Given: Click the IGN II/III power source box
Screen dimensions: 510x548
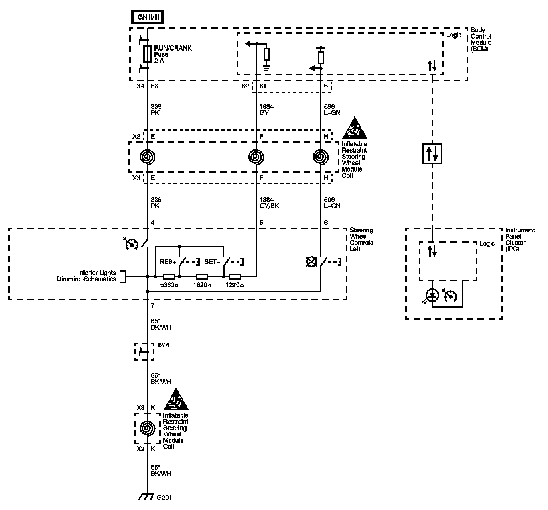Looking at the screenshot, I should click(x=148, y=17).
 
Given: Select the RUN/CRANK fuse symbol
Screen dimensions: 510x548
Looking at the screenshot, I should click(x=148, y=54).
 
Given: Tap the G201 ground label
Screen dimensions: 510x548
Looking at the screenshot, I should click(x=164, y=498).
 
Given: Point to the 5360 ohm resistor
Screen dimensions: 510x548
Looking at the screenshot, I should click(x=169, y=276).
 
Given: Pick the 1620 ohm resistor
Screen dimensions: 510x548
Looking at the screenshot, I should click(x=202, y=276).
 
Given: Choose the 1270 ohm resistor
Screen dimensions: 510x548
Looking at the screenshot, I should click(x=235, y=276).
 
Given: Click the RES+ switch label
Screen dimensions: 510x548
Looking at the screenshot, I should click(x=168, y=262).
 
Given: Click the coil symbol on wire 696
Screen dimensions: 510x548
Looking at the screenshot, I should click(x=321, y=157).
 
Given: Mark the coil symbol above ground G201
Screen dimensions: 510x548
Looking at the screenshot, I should click(x=148, y=428).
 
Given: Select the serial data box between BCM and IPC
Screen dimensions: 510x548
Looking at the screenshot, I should click(x=432, y=153).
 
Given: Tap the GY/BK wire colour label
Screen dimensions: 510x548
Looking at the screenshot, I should click(x=269, y=206).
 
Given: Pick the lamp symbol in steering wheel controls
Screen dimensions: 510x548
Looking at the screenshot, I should click(x=311, y=262).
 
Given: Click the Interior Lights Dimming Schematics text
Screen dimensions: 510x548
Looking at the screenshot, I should click(x=97, y=276).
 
